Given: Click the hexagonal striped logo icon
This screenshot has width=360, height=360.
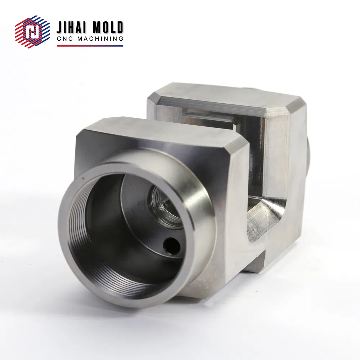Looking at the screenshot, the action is tap(32, 32).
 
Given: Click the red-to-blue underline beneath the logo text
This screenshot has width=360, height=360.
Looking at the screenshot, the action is tap(90, 46).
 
